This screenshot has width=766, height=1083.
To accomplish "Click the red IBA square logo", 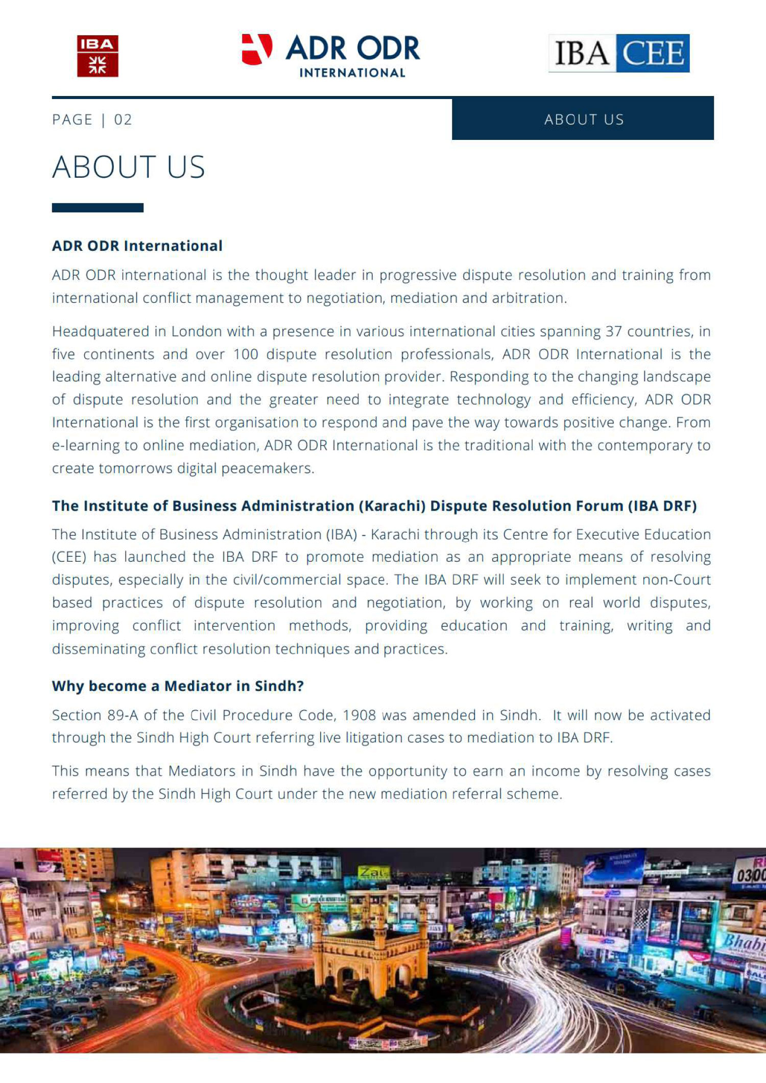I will click(x=98, y=56).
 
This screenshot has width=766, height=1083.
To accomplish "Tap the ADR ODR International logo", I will click(x=331, y=56).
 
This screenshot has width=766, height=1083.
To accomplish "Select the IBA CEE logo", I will click(x=619, y=53).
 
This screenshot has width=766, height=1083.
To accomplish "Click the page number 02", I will click(x=123, y=119).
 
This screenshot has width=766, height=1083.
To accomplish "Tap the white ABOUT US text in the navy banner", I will click(x=584, y=119).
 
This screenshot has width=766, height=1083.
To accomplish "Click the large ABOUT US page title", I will click(x=128, y=167).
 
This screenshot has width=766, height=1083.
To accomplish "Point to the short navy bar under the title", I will click(x=98, y=208).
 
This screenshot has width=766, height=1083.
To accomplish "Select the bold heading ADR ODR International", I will click(x=137, y=246).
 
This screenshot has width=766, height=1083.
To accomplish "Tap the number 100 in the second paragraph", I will click(x=246, y=354).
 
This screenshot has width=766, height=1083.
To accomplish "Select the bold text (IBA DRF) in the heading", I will click(x=662, y=506).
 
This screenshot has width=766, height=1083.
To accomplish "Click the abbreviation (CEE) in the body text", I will click(x=69, y=557).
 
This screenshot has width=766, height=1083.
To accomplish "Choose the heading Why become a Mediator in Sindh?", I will click(x=178, y=686).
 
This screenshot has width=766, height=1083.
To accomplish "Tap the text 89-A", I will click(x=123, y=715).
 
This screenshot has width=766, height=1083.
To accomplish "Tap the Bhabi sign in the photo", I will click(x=743, y=943).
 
